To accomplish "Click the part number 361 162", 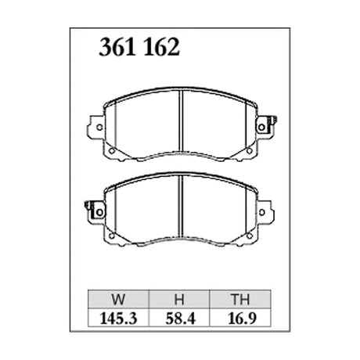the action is [139, 48].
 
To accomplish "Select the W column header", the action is [118, 300].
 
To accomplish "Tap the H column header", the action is [179, 300].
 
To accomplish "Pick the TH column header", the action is [240, 300].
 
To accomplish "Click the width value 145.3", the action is [118, 319].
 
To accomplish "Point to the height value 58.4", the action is [181, 319].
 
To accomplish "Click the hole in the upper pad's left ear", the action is [99, 128].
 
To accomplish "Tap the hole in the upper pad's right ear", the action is [261, 128].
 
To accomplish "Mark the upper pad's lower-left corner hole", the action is [112, 151].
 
